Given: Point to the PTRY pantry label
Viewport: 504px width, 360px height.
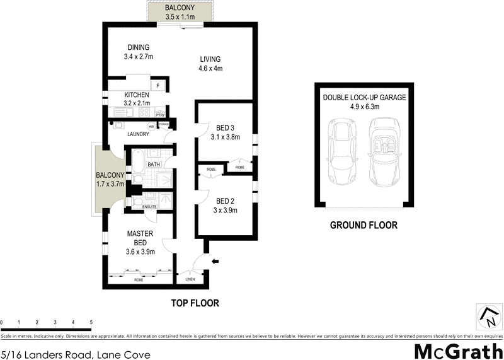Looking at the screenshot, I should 160,115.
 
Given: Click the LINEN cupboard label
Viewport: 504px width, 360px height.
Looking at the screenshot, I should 190,278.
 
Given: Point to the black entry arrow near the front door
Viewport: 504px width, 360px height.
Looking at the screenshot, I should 215,261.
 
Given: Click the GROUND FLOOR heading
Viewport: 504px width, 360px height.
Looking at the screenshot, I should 365,225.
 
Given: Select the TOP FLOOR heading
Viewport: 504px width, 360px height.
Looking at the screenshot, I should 195,303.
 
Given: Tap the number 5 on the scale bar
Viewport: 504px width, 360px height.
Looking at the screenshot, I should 91,322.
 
